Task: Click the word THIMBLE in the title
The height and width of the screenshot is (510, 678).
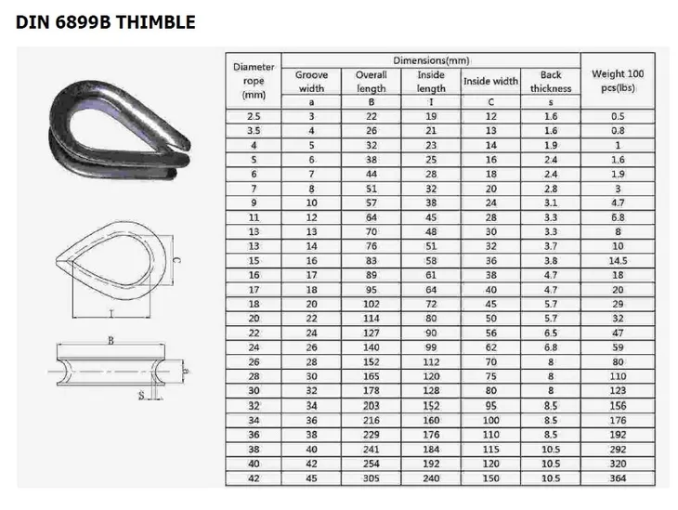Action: [x=156, y=22]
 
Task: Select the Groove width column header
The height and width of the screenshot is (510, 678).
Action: [x=311, y=82]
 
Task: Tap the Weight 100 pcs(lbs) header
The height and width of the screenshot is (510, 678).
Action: [x=618, y=81]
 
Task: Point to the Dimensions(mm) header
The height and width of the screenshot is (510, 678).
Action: [x=431, y=60]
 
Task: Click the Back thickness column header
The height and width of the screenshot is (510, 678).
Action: [x=551, y=82]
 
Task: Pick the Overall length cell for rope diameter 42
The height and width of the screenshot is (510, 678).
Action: [x=371, y=478]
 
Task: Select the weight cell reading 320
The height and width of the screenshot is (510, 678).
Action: [x=618, y=464]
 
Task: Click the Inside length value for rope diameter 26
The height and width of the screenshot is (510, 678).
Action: [x=431, y=361]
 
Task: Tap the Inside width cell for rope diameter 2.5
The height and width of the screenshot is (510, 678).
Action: [x=490, y=116]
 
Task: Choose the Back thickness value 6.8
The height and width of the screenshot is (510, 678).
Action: [x=551, y=347]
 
